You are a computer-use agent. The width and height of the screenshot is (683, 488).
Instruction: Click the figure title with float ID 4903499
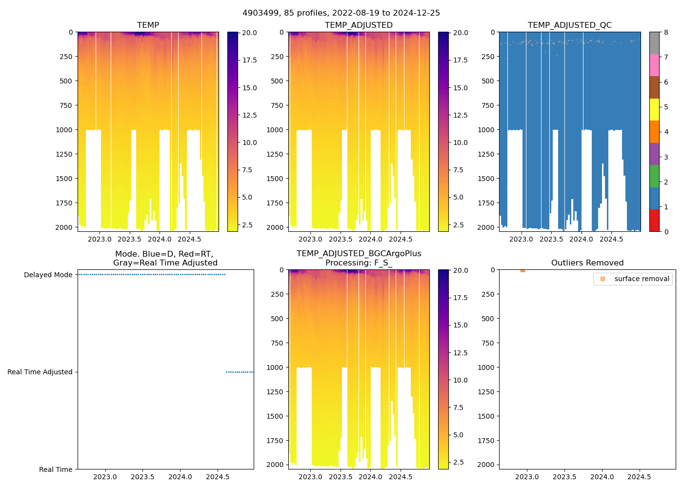coord(341,13)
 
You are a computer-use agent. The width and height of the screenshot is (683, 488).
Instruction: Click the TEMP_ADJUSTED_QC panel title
coord(569,25)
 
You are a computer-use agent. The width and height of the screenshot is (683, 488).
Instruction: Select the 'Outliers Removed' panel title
coord(587,263)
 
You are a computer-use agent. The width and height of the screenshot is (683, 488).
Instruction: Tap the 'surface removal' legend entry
coord(642,279)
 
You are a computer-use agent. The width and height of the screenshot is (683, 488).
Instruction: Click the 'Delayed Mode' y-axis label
coord(48,275)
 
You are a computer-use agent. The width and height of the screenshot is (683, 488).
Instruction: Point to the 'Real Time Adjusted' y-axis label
coord(40,372)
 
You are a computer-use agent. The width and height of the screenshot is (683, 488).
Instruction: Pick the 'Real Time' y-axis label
coord(56,469)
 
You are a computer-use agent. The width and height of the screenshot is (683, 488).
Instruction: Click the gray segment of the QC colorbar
coord(654,43)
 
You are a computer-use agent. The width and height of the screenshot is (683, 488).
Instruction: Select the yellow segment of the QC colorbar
coord(654,109)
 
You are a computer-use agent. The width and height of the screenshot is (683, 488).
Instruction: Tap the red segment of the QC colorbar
coord(654,221)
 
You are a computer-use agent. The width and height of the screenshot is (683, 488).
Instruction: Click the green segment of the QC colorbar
coord(654,176)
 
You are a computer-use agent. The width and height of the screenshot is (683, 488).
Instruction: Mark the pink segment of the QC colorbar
coord(654,65)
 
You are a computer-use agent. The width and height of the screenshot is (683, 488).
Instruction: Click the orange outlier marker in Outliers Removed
coord(522,270)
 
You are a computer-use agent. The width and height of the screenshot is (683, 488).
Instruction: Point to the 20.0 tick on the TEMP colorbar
coord(250,33)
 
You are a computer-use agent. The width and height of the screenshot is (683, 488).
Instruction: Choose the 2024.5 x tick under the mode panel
coord(218,477)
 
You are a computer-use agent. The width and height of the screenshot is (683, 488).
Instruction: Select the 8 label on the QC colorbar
coord(666,33)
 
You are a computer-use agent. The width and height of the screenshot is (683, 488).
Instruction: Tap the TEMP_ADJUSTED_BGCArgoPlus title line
coord(359,254)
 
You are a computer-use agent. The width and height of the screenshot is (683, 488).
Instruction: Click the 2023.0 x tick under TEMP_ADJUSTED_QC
coord(521,239)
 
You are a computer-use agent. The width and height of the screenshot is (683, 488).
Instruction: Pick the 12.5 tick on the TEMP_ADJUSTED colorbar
coord(461,115)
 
